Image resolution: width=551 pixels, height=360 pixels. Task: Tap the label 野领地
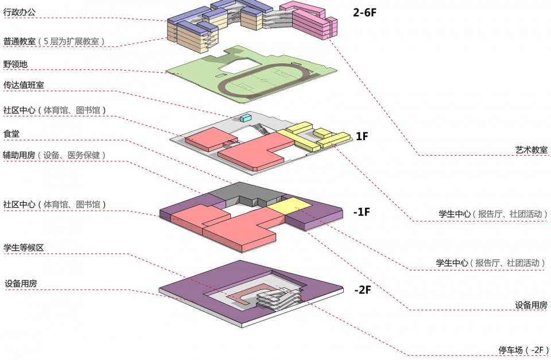click(15, 64)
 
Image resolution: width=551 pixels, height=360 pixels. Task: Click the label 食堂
click(12, 133)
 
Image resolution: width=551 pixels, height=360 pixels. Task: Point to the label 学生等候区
click(24, 248)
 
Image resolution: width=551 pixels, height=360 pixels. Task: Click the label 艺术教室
click(531, 149)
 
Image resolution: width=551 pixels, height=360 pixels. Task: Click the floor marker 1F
click(362, 136)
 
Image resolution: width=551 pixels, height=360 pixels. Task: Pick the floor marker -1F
click(362, 212)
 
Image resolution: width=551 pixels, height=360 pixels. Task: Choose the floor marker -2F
click(362, 290)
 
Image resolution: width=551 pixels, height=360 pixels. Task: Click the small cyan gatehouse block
click(246, 118)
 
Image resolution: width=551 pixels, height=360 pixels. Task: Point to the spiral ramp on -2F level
click(277, 299)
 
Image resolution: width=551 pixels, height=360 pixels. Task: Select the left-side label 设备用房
click(21, 284)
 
